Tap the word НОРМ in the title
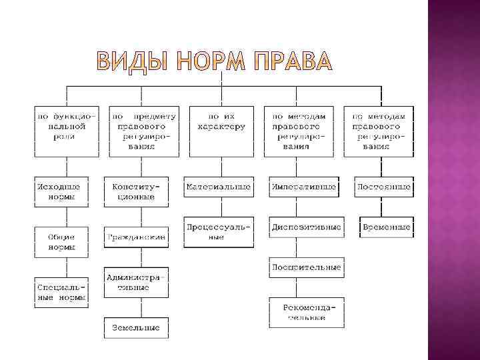210,61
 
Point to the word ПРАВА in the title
291,61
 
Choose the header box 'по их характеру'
222,121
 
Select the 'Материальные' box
219,187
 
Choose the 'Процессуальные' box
219,231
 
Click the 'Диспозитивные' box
306,227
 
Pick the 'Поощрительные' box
306,267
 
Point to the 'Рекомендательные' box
306,313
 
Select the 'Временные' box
386,227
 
